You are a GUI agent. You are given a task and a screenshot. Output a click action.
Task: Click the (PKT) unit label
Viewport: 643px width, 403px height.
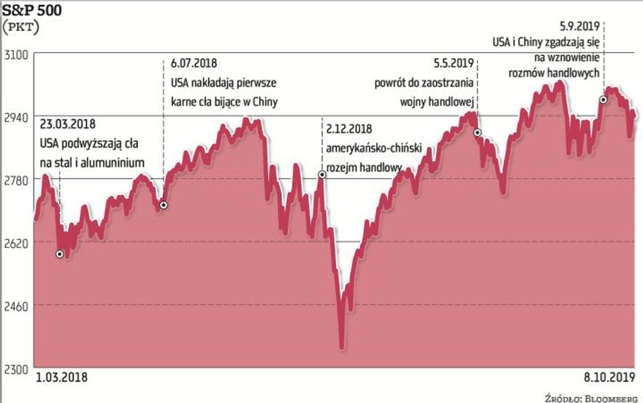[22, 27]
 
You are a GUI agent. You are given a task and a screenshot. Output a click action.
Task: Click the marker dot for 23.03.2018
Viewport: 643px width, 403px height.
[60, 254]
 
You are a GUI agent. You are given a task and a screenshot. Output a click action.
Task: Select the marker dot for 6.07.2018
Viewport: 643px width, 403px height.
[163, 205]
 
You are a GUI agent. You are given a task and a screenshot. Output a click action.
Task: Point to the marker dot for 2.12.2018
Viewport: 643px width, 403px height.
[322, 175]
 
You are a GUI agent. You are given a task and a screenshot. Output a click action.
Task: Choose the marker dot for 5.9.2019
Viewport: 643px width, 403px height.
[602, 100]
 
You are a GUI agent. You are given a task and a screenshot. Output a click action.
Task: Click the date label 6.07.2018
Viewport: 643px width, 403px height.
[194, 63]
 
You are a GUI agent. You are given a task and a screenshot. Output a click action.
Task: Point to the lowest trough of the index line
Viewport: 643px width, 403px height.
[342, 348]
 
